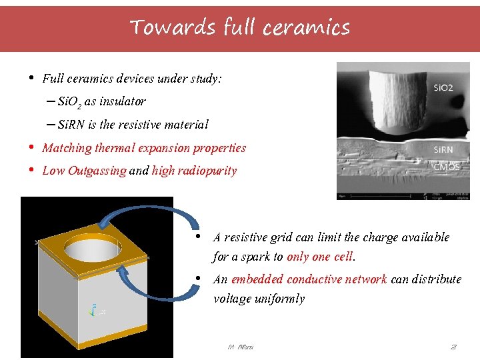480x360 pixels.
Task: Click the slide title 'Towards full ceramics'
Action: click(240, 27)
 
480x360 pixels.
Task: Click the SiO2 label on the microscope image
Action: click(443, 88)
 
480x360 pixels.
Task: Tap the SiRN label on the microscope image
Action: click(443, 150)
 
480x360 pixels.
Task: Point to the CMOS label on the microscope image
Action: click(446, 167)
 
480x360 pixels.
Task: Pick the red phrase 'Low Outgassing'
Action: click(84, 171)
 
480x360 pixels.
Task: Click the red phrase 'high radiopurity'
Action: click(194, 171)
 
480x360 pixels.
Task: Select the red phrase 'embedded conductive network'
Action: click(309, 279)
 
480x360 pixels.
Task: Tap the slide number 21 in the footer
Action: click(453, 347)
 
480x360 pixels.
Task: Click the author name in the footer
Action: click(240, 347)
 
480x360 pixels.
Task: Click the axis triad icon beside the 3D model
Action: click(95, 310)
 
